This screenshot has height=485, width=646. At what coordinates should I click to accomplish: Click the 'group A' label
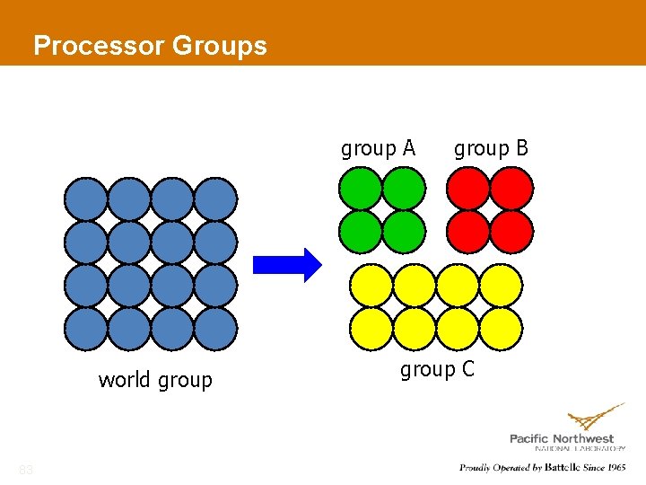click(x=378, y=148)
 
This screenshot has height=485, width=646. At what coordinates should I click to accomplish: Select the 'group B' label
click(x=491, y=148)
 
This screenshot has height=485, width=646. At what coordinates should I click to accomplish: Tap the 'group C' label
click(x=437, y=369)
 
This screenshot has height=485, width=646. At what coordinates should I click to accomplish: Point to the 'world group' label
click(x=155, y=380)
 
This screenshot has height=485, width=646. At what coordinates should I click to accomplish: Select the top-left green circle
click(x=360, y=190)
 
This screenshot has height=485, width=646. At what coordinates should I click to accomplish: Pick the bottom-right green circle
click(x=403, y=231)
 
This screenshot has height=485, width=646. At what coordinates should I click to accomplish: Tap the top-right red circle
click(x=511, y=190)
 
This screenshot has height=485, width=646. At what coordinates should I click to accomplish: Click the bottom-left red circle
click(x=469, y=231)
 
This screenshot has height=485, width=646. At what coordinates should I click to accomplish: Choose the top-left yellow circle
click(x=371, y=287)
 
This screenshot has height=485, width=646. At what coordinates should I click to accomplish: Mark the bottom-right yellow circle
click(x=501, y=329)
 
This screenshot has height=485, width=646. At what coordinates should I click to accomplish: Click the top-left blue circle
click(x=86, y=199)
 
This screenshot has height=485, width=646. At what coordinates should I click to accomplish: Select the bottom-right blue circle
click(x=215, y=329)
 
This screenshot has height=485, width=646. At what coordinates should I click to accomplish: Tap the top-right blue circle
click(x=215, y=199)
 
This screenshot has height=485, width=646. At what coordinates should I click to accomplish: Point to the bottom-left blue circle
click(x=86, y=329)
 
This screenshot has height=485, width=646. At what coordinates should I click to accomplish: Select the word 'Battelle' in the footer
click(x=565, y=468)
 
